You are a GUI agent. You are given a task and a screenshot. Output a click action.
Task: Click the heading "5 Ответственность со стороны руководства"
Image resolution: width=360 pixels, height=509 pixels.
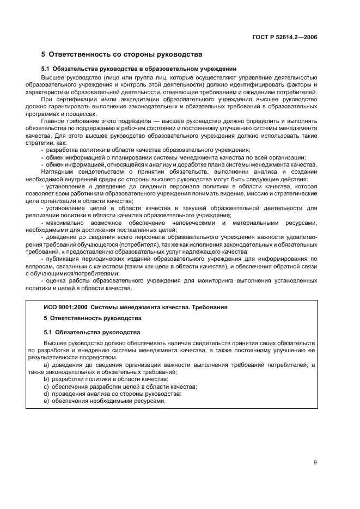[122, 54]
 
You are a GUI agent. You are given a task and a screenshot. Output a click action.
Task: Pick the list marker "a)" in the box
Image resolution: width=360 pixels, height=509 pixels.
[47, 364]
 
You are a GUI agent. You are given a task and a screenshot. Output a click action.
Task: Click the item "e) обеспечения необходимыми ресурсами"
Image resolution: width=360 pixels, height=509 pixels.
[104, 401]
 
